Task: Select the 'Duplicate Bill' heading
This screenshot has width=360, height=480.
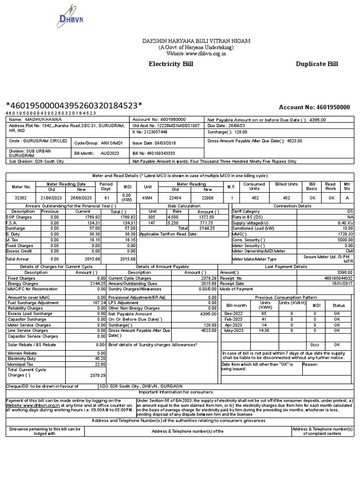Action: pos(316,64)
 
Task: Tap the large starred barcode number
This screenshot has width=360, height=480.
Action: pos(74,105)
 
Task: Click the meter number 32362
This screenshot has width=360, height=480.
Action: pos(21,198)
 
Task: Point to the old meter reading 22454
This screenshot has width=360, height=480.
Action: pos(175,198)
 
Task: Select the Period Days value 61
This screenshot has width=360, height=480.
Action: pos(106,198)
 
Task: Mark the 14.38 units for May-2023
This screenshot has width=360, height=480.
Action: pos(265,330)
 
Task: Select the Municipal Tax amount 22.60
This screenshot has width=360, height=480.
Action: pos(100,364)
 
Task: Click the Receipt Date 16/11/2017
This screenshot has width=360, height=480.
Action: pos(341,284)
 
